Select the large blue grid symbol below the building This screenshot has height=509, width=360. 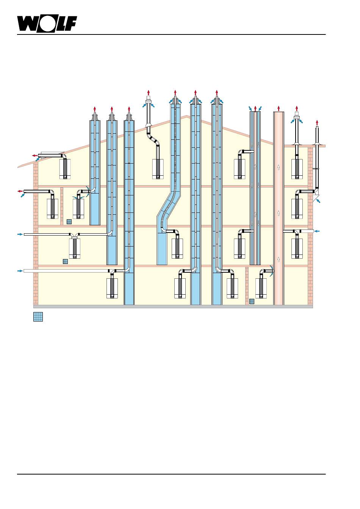[38, 317]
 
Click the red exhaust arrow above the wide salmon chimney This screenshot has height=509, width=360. [279, 109]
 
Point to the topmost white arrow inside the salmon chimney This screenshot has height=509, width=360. [279, 167]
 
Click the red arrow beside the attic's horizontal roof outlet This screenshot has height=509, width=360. [35, 156]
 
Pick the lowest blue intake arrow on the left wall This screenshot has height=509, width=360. [20, 271]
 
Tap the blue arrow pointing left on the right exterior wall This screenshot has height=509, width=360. [317, 231]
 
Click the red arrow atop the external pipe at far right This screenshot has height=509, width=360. [317, 123]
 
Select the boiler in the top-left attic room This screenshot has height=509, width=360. [65, 169]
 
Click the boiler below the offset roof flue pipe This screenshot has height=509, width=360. [158, 169]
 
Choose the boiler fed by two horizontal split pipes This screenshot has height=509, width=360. [75, 248]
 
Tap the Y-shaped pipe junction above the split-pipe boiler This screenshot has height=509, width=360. [75, 235]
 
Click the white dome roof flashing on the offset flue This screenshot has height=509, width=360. [148, 125]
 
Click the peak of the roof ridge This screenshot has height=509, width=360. [187, 116]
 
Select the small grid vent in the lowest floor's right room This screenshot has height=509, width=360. [252, 301]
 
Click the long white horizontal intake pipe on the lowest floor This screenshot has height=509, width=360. [66, 271]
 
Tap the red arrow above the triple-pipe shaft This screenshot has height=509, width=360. [255, 109]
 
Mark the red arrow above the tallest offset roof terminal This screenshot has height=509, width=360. [149, 93]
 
